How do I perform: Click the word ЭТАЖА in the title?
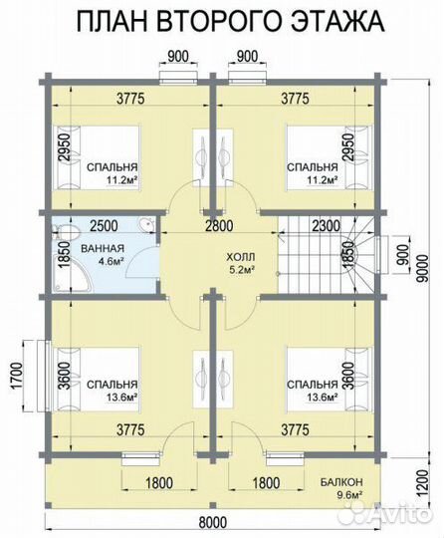pyautogui.click(x=337, y=21)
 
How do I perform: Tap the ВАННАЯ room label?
pyautogui.click(x=103, y=248)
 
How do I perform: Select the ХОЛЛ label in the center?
pyautogui.click(x=241, y=257)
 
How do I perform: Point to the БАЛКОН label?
pyautogui.click(x=341, y=482)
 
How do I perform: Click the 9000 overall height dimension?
pyautogui.click(x=424, y=268)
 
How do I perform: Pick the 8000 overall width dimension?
pyautogui.click(x=213, y=523)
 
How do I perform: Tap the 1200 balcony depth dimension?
pyautogui.click(x=424, y=483)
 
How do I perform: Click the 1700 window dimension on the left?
pyautogui.click(x=16, y=376)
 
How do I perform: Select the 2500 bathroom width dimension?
pyautogui.click(x=105, y=226)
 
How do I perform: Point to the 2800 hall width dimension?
pyautogui.click(x=219, y=226)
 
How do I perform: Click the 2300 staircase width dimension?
pyautogui.click(x=327, y=226)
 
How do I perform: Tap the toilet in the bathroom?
pyautogui.click(x=66, y=232)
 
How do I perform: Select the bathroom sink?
pyautogui.click(x=147, y=225)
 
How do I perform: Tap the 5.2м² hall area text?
pyautogui.click(x=241, y=270)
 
